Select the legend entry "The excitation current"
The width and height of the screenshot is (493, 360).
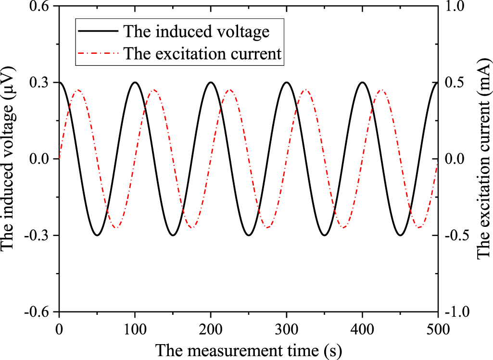(202, 53)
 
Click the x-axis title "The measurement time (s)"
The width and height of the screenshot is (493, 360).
(248, 350)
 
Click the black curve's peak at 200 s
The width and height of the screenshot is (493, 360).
(211, 82)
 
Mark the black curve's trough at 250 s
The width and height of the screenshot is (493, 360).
(248, 235)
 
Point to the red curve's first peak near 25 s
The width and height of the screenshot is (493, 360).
(78, 90)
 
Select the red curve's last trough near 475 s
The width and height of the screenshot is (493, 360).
(419, 227)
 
